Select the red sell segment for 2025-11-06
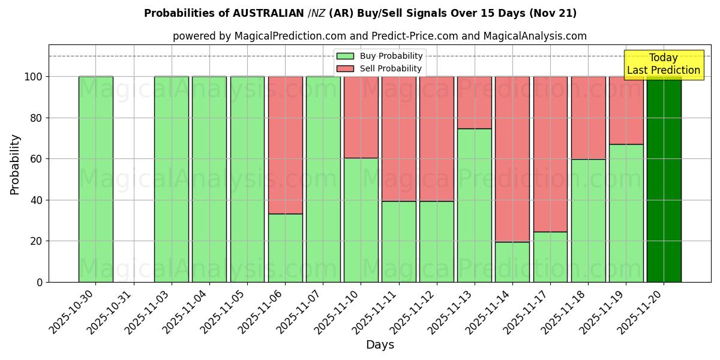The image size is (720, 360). [x=285, y=145]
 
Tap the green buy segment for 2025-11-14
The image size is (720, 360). [x=512, y=262]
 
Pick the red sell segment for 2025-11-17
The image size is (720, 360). [x=550, y=154]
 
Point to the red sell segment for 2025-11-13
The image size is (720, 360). [x=475, y=102]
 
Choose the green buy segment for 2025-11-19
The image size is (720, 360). [x=626, y=213]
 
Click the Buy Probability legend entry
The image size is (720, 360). [x=379, y=56]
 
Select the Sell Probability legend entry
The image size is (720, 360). [x=379, y=68]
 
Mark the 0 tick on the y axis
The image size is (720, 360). [x=39, y=282]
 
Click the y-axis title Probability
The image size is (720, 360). [x=15, y=164]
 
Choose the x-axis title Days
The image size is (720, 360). [x=380, y=345]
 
